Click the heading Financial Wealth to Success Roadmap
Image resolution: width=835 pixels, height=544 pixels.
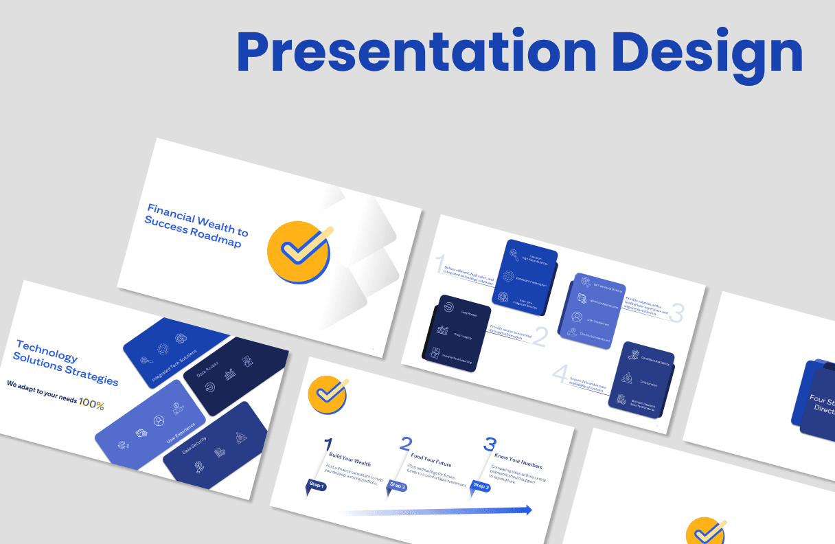pyautogui.click(x=196, y=225)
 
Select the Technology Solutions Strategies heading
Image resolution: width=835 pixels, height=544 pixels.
pyautogui.click(x=66, y=363)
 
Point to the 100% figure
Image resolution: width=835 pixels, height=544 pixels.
pyautogui.click(x=91, y=404)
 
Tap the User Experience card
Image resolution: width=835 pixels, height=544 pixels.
pyautogui.click(x=151, y=425)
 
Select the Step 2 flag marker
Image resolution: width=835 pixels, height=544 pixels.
pyautogui.click(x=398, y=486)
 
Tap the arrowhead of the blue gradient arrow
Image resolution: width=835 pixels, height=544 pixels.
pyautogui.click(x=527, y=510)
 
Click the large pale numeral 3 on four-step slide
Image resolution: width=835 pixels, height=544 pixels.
pyautogui.click(x=676, y=313)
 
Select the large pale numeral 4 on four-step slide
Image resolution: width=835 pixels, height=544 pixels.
pyautogui.click(x=561, y=375)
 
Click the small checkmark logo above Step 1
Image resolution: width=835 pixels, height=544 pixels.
pyautogui.click(x=328, y=395)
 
